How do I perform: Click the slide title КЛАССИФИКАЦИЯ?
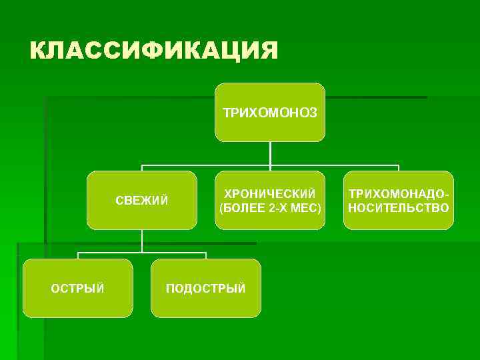[153, 50]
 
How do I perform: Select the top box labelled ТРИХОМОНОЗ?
[270, 127]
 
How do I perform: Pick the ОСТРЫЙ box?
[78, 303]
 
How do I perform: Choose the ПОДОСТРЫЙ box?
[205, 303]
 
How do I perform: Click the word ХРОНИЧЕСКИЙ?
[270, 193]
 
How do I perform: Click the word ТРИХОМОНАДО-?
[399, 193]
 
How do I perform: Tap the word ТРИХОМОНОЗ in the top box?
[270, 112]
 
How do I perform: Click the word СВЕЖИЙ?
[142, 201]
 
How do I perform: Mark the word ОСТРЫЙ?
[78, 288]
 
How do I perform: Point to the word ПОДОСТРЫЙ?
[205, 288]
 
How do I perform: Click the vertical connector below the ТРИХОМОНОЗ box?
[270, 153]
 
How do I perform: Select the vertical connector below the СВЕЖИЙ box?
[142, 241]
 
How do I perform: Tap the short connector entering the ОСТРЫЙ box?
[78, 256]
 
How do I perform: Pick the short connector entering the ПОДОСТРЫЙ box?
[205, 256]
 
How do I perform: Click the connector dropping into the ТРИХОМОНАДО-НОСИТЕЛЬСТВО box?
[399, 168]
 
